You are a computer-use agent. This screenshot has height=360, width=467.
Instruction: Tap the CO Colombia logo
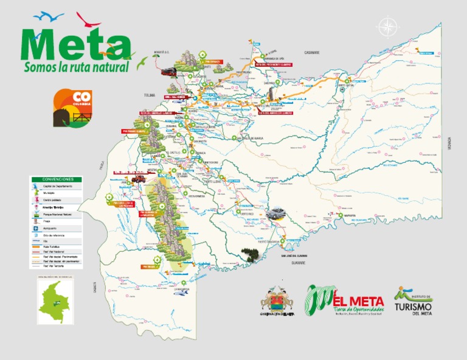point(72,107)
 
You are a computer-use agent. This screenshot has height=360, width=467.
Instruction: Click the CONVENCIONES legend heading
point(56,179)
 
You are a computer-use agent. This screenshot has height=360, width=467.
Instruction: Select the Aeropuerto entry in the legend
point(49,229)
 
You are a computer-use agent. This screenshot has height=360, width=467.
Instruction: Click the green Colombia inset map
point(55,301)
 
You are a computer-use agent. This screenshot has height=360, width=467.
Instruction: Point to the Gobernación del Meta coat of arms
point(277,300)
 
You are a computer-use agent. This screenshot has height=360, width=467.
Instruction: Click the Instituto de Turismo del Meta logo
point(413,301)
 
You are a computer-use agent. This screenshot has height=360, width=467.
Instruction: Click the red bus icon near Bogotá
point(168,72)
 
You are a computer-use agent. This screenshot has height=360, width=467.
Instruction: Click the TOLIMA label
point(150,95)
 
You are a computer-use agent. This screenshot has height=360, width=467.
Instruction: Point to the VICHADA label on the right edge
point(449,144)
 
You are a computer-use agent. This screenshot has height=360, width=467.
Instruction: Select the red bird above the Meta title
point(88,20)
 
